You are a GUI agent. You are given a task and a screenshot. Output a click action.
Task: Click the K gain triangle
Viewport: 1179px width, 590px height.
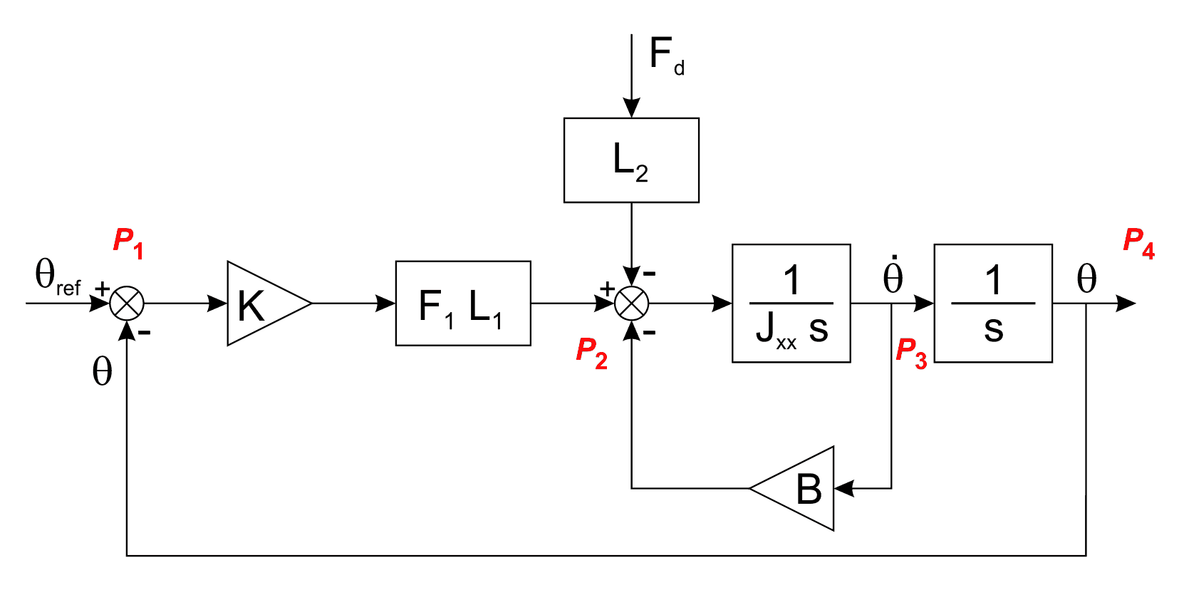(261, 304)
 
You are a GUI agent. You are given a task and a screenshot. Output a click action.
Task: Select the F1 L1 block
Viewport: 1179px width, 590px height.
(463, 304)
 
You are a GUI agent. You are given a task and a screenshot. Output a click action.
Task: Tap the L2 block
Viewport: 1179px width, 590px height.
(631, 160)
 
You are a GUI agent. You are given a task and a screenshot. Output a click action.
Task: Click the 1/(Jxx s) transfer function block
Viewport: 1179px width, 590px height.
(791, 304)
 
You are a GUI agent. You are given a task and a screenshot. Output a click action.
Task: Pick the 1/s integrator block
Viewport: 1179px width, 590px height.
(993, 304)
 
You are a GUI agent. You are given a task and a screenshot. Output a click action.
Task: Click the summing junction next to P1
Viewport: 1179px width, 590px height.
(127, 304)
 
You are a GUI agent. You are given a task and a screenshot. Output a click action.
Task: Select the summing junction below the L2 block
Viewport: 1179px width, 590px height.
(631, 304)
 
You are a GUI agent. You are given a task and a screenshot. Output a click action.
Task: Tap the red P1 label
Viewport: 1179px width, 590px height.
(128, 242)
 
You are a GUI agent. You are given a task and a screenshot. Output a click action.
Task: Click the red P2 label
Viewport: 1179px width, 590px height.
(591, 353)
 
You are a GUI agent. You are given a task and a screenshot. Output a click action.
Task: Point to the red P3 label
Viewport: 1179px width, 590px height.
(911, 353)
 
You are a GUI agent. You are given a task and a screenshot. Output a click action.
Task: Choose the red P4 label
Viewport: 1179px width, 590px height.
(1138, 242)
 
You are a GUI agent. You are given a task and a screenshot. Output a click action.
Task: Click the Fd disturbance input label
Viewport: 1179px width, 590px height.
(666, 56)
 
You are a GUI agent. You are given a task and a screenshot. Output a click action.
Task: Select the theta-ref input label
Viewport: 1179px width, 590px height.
(57, 276)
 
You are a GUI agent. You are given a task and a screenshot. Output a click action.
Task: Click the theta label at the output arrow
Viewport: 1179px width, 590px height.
(1086, 279)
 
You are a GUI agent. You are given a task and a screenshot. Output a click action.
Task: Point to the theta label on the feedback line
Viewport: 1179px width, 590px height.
(102, 371)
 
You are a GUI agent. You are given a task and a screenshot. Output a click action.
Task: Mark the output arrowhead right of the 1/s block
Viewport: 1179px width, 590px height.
(1126, 304)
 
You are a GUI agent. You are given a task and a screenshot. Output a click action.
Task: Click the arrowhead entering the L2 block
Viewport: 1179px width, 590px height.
(631, 108)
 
